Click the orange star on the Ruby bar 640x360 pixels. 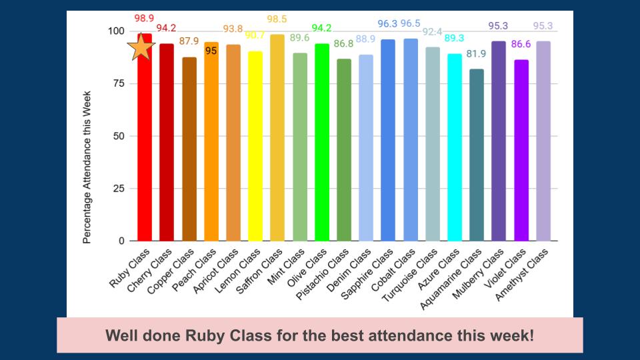[x=141, y=47]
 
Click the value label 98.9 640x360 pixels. [x=144, y=18]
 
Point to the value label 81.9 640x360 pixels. [x=477, y=54]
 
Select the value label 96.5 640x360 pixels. [x=411, y=24]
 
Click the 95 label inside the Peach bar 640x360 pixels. [x=211, y=51]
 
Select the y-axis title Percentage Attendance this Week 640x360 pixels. [x=87, y=167]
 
